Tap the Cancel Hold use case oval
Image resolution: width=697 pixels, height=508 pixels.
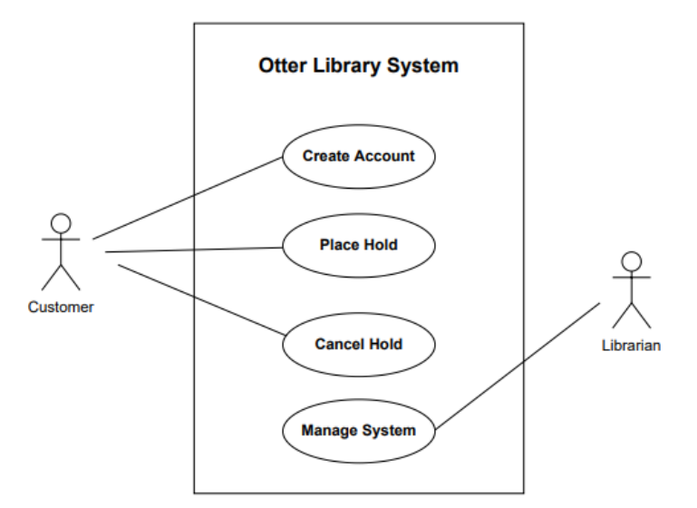point(358,344)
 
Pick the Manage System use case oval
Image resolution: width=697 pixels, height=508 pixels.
point(358,430)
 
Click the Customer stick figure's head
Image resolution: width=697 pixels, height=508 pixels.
point(61,223)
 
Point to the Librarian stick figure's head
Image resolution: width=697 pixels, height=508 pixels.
point(632,262)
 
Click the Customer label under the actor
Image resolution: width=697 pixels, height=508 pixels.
point(61,307)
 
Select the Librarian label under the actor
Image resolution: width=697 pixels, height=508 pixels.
point(632,345)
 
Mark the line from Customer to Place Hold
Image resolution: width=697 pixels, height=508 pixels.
point(195,249)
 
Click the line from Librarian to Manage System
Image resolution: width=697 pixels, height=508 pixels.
point(517,366)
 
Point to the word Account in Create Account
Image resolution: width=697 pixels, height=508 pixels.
point(384,156)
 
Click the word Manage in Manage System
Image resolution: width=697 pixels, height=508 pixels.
point(329,430)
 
